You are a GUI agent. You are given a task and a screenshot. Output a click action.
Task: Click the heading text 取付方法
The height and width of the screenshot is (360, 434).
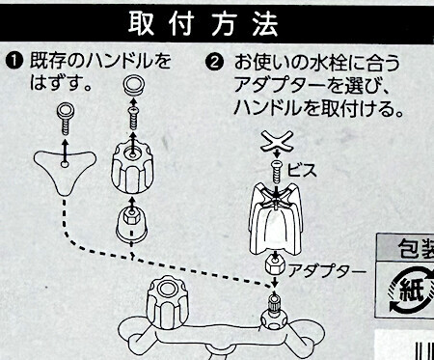203,24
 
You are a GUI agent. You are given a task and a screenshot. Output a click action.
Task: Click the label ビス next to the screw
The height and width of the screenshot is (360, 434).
302,170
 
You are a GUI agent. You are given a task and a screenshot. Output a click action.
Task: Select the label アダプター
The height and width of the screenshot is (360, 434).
327,271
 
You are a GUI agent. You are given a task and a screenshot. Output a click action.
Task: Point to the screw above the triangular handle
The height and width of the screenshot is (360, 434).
66,119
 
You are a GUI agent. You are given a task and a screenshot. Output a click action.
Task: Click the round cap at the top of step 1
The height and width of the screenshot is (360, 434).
134,85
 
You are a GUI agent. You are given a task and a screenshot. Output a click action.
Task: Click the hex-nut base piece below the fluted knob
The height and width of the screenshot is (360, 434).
131,223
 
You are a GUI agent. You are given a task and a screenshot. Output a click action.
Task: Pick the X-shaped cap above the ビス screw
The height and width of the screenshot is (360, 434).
277,141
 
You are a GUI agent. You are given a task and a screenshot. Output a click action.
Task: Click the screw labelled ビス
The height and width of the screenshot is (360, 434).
277,171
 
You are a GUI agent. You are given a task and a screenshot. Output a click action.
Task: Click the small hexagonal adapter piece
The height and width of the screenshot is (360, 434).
275,264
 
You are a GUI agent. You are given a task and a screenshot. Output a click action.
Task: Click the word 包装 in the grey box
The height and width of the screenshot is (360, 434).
417,249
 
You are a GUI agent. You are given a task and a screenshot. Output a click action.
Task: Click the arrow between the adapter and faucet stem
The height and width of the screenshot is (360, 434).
274,281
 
